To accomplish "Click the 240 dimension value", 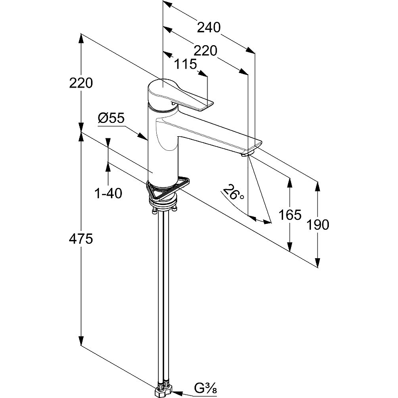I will tap(208, 27).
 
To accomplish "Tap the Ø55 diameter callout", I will tap(111, 118).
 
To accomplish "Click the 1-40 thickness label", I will tap(108, 193).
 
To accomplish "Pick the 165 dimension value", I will tap(290, 215).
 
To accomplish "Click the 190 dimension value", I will tap(318, 224).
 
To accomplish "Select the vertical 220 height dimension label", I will tap(82, 83).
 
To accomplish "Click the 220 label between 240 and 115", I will tap(205, 50).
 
